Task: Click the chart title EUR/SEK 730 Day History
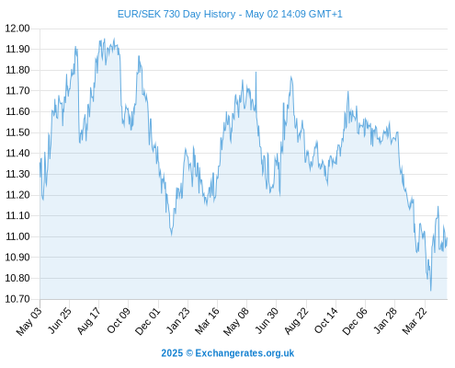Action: coord(176,14)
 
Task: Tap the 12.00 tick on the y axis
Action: coord(17,29)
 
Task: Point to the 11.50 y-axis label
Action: coord(17,132)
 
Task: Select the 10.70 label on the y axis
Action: coord(17,299)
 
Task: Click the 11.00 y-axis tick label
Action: coord(17,236)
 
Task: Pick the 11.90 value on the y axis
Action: coord(17,49)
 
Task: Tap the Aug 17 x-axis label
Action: coord(89,321)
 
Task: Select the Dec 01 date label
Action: coord(148,321)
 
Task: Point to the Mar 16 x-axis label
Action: coord(208,321)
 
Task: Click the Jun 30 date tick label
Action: coord(267,321)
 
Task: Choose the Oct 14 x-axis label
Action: coord(326,321)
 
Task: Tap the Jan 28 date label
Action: coord(385,321)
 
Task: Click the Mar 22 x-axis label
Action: coord(415,321)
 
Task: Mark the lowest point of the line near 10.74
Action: coord(431,291)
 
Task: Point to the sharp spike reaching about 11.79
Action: coord(256,73)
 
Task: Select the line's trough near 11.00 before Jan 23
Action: coord(172,235)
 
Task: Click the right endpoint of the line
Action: coord(447,237)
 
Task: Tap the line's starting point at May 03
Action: coord(40,163)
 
